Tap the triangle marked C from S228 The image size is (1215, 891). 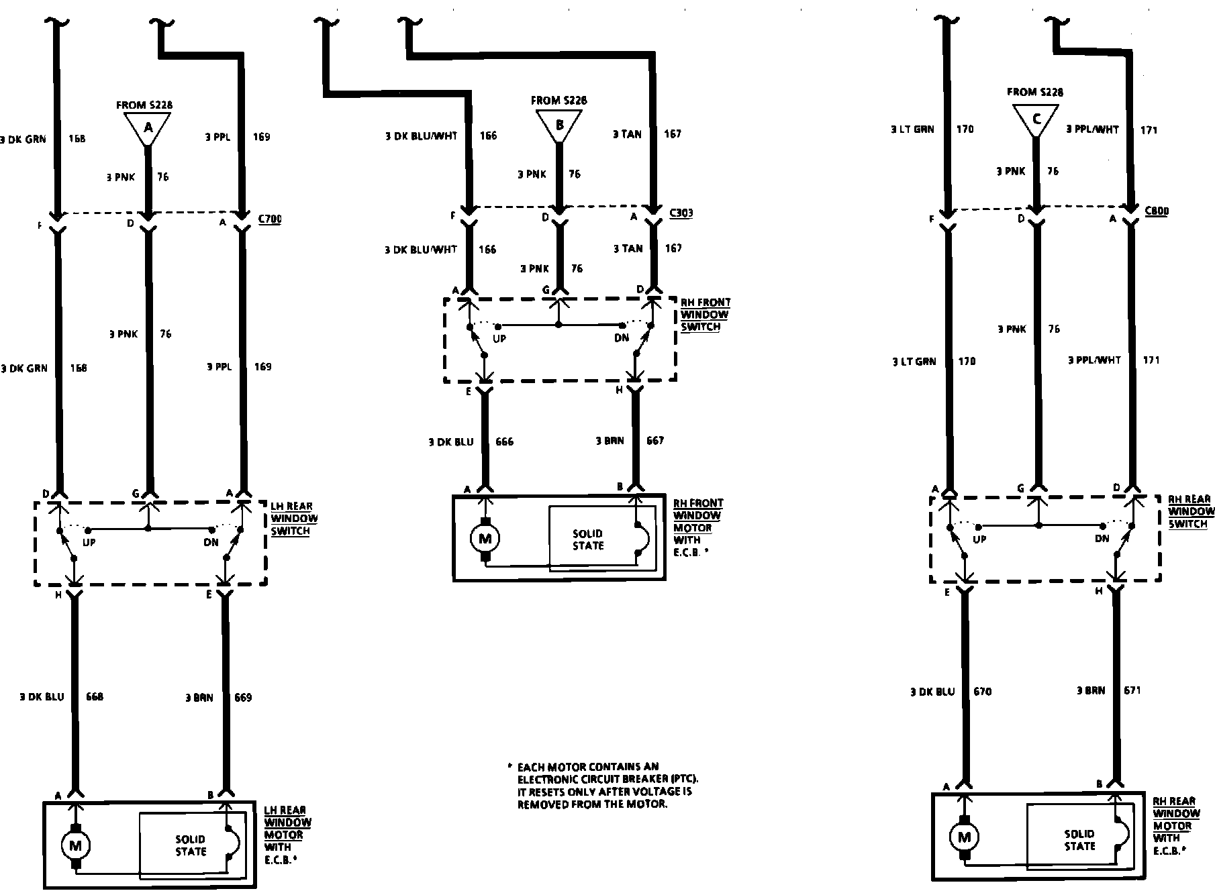1035,119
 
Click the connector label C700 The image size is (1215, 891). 270,219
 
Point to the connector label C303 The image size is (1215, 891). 681,213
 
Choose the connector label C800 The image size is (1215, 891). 1156,211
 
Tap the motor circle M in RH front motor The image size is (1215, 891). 485,537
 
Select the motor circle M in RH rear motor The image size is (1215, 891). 965,837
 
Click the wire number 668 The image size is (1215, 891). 95,697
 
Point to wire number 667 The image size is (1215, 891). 654,441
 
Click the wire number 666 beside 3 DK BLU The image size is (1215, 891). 504,442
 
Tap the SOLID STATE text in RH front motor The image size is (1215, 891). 588,540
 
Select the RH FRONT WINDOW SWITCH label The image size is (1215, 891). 705,315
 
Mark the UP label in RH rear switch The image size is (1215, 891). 979,539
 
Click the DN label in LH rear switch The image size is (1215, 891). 211,543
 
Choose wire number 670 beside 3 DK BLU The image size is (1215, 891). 982,692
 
